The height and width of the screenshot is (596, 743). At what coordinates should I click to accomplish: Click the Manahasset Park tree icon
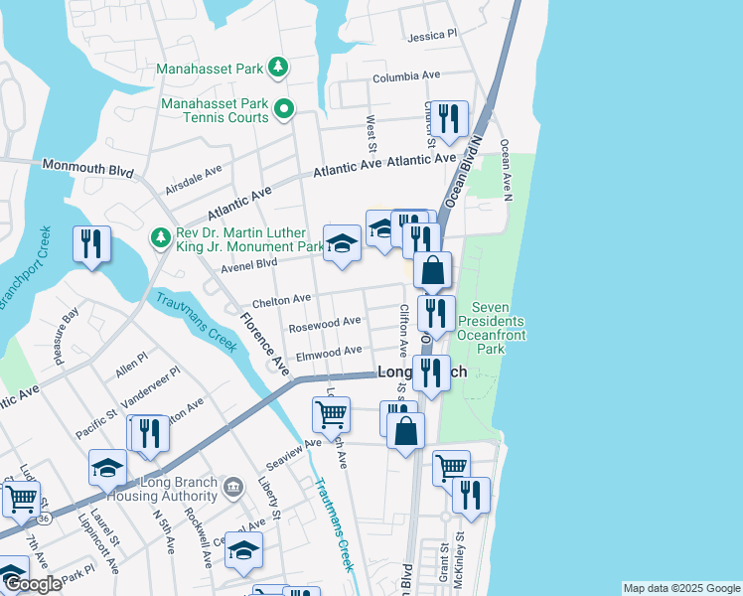tap(280, 68)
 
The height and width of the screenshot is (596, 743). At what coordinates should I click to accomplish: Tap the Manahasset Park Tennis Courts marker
tap(284, 109)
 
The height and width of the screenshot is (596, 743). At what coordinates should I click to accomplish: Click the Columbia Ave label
tap(405, 76)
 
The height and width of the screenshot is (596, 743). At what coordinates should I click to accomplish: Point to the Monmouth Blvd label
tap(87, 168)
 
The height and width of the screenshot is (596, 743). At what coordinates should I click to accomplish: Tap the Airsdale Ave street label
tap(194, 179)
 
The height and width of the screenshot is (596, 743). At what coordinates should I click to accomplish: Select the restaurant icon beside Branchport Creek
tap(91, 245)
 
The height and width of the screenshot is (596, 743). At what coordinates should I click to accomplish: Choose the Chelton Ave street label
tap(282, 299)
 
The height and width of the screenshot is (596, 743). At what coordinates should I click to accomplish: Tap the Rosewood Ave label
tap(325, 323)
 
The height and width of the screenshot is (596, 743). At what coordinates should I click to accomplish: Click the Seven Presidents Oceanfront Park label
tap(490, 328)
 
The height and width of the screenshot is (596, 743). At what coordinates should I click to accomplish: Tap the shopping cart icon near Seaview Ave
tap(331, 411)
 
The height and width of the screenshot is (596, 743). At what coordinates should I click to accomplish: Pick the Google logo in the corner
tap(32, 584)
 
